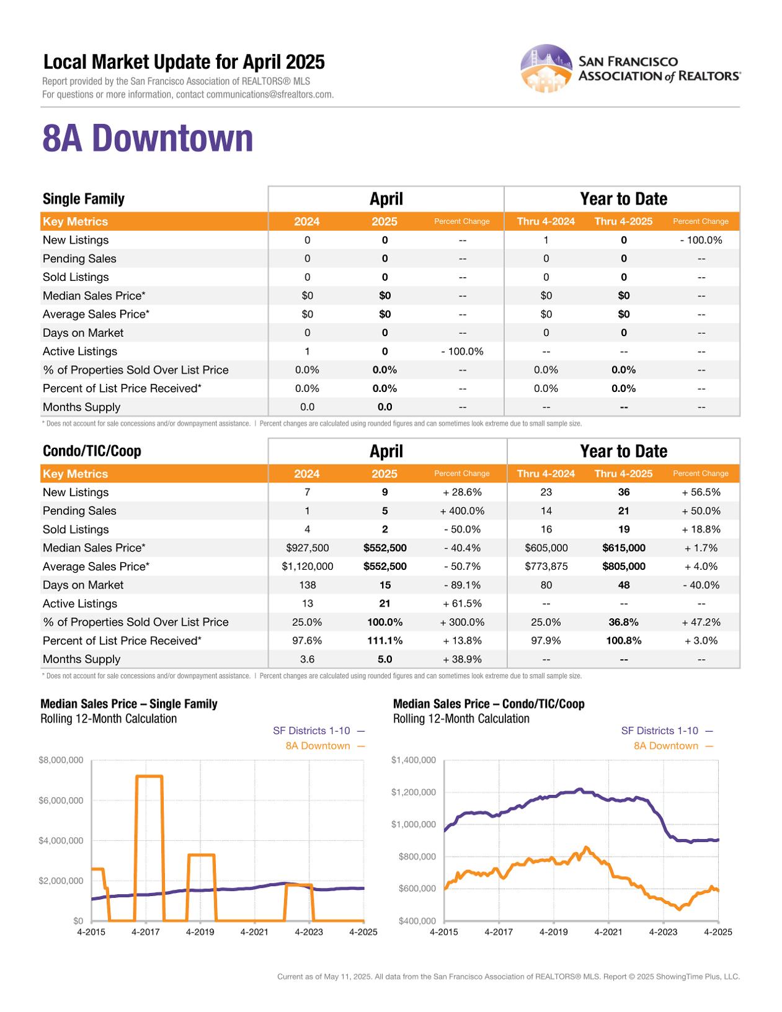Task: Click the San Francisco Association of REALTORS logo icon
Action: click(x=546, y=68)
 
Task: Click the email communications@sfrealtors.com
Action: click(x=269, y=94)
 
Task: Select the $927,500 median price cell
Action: click(x=307, y=548)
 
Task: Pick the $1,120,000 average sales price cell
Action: click(x=307, y=567)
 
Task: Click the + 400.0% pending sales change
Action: click(x=462, y=511)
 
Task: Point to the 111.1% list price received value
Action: click(x=384, y=641)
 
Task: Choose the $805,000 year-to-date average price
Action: click(x=623, y=567)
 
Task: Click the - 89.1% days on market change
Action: click(x=462, y=585)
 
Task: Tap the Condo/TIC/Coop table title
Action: click(x=92, y=451)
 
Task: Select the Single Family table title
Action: click(x=83, y=199)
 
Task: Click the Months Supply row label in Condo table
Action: click(x=81, y=659)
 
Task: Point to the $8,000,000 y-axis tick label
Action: click(x=61, y=760)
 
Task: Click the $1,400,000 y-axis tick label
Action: click(x=414, y=760)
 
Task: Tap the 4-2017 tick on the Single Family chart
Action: click(x=146, y=932)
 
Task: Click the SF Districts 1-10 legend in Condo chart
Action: click(x=660, y=731)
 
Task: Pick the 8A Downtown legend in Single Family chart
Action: click(x=318, y=746)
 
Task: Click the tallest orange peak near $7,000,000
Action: click(x=149, y=776)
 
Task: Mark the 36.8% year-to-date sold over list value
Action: click(x=623, y=622)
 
